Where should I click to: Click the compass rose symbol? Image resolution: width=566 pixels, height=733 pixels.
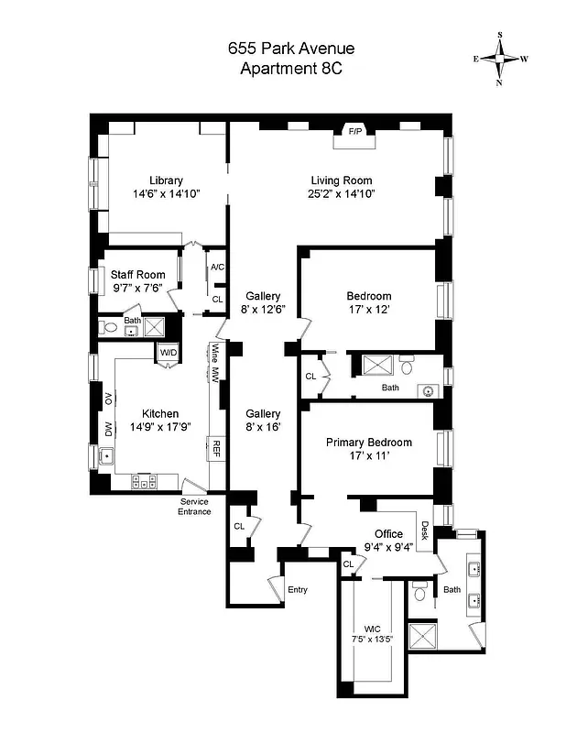tap(500, 59)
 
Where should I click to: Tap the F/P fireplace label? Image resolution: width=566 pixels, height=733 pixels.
tap(354, 132)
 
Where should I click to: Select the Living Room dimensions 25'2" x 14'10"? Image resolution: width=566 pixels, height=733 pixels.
tap(342, 194)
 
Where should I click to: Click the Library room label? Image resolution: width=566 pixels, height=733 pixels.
tap(167, 181)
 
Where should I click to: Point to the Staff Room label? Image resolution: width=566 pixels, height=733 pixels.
tap(138, 274)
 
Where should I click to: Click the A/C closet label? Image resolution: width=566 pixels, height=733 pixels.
tap(217, 268)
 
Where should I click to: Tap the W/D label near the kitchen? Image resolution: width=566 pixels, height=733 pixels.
tap(169, 353)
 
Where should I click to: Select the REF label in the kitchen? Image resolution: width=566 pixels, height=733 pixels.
tap(217, 448)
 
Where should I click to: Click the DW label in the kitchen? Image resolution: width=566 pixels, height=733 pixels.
tap(108, 429)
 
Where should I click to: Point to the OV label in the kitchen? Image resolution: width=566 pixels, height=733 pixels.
tap(108, 397)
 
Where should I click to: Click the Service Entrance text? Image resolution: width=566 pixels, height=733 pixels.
tap(194, 506)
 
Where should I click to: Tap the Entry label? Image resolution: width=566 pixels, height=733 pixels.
tap(298, 589)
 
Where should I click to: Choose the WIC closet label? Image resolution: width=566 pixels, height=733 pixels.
tap(371, 628)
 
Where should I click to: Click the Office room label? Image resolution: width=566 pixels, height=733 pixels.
tap(388, 534)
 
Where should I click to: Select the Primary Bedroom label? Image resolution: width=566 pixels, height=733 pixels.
tap(369, 443)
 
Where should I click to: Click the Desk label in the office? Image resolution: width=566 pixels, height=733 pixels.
tap(424, 531)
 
